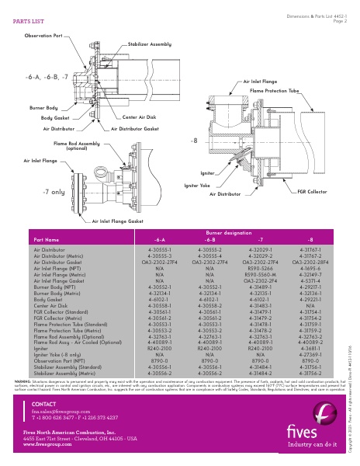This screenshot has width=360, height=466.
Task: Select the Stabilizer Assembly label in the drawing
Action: [149, 45]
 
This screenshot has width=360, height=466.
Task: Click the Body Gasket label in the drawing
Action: [55, 117]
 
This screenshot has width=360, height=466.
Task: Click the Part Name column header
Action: [46, 240]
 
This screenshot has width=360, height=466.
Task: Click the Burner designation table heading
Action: [234, 232]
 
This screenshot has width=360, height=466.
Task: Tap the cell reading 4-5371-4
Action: [311, 280]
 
